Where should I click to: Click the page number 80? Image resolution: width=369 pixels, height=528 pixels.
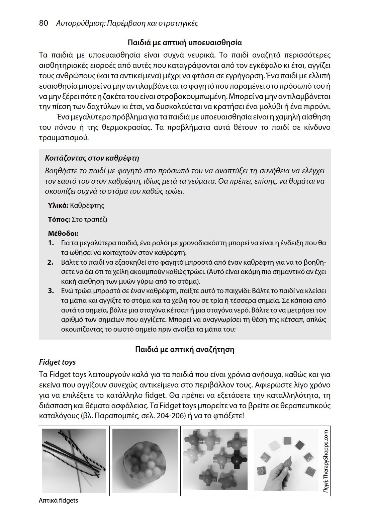[x=43, y=23]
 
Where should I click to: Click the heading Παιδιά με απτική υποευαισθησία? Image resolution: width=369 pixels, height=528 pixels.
[x=185, y=43]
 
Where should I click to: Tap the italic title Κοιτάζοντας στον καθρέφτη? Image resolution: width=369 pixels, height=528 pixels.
[x=92, y=158]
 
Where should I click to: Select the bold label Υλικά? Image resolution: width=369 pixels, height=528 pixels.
[x=58, y=205]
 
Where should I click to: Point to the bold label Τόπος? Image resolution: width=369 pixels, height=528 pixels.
[x=59, y=219]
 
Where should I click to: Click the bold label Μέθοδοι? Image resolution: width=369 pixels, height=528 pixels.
[x=63, y=234]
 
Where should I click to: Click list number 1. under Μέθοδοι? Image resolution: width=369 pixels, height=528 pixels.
[x=51, y=243]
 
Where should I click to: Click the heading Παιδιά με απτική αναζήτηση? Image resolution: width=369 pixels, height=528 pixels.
[x=185, y=350]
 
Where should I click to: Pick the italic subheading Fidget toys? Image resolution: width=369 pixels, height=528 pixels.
[x=58, y=362]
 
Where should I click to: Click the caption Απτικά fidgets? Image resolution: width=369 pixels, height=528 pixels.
[x=58, y=501]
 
